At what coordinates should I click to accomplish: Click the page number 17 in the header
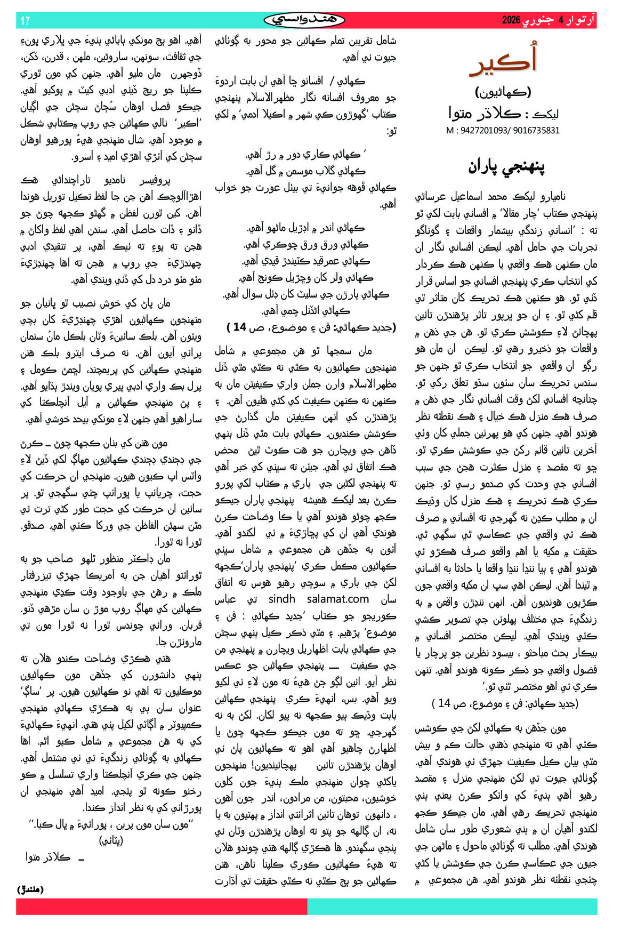25,21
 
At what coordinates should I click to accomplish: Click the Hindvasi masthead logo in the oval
304,20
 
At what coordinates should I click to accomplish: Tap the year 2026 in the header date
511,21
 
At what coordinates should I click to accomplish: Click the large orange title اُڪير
503,62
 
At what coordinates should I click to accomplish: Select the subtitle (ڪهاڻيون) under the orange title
503,92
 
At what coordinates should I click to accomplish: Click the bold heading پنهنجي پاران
506,166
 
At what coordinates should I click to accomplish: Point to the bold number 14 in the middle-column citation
239,327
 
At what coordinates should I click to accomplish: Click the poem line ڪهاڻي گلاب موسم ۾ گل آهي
306,171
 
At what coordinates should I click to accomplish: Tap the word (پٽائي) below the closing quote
111,841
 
